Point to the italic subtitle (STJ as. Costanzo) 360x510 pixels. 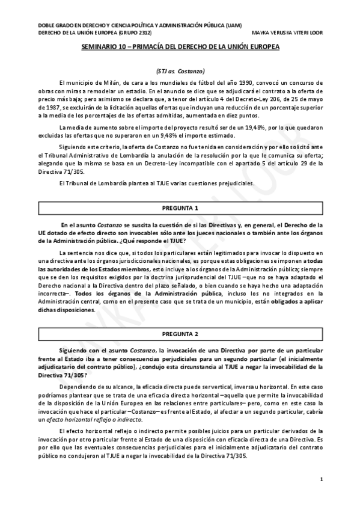click(180, 70)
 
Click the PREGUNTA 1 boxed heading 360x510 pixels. click(180, 209)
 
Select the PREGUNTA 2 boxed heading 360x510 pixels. click(180, 333)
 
